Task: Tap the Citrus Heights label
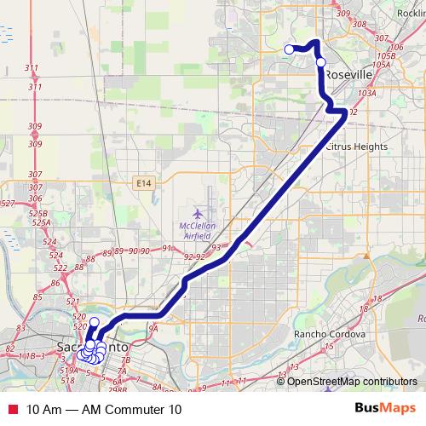[357, 147]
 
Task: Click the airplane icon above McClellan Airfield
[199, 211]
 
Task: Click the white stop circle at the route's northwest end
[289, 49]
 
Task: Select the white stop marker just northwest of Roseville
[320, 61]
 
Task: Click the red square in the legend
[12, 410]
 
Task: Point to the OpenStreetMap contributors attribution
[351, 381]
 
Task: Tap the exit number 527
[9, 203]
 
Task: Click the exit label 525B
[36, 213]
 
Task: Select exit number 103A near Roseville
[367, 94]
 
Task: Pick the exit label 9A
[153, 328]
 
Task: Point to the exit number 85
[37, 297]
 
